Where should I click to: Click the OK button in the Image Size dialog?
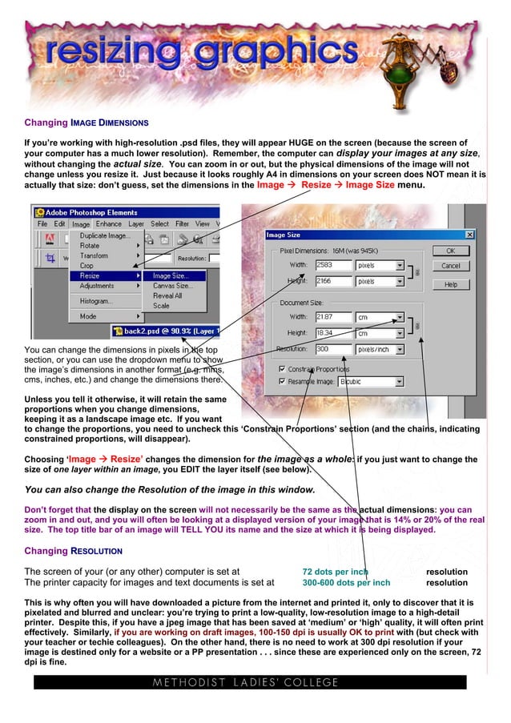pos(451,251)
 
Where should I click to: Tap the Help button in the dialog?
pos(451,284)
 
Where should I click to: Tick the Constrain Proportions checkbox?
pos(282,368)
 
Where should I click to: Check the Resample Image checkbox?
pos(282,382)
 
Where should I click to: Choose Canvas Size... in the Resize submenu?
pos(172,286)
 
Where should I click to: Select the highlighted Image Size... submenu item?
pos(168,275)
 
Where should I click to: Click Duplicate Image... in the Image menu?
pos(105,236)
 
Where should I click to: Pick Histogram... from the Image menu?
pos(97,301)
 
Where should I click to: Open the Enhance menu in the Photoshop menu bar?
pos(109,224)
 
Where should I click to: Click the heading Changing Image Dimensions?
pos(86,123)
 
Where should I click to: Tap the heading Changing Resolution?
pos(73,552)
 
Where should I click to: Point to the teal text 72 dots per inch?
pos(335,572)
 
